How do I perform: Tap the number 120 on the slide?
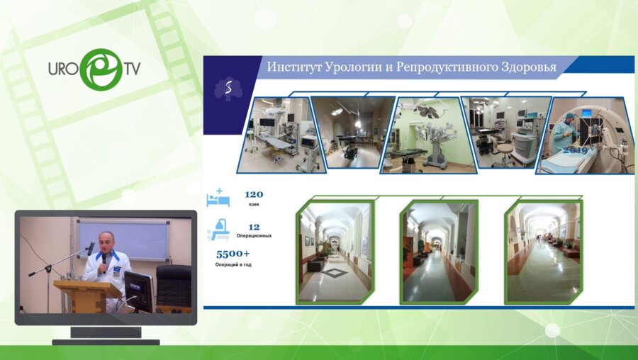(254, 193)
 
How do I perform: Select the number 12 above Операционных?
(254, 226)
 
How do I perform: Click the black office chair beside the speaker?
(173, 284)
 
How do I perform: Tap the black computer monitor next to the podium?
(138, 288)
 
